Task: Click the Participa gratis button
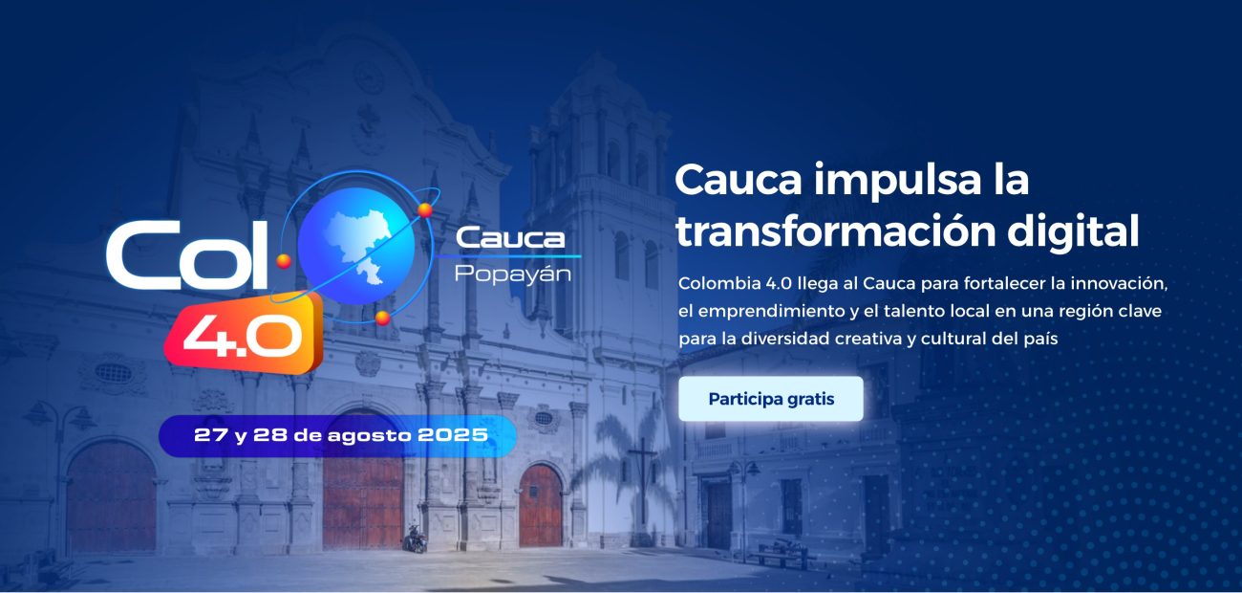pyautogui.click(x=771, y=399)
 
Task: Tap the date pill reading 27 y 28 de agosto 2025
pyautogui.click(x=339, y=435)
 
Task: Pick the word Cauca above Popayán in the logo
pyautogui.click(x=510, y=238)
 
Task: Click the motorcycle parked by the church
pyautogui.click(x=415, y=538)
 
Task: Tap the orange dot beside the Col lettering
pyautogui.click(x=284, y=258)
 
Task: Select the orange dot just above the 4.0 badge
pyautogui.click(x=382, y=316)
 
